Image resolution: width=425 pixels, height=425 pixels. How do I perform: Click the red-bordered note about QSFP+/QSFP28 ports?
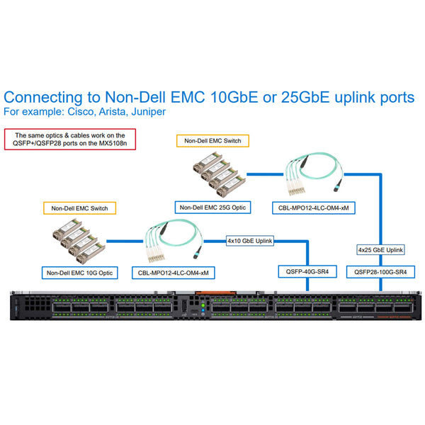click(70, 139)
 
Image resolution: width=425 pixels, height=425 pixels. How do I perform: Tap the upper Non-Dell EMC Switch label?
click(212, 141)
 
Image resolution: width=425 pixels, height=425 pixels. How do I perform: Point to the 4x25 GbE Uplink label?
click(381, 249)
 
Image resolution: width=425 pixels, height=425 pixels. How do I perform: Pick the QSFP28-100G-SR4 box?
click(380, 272)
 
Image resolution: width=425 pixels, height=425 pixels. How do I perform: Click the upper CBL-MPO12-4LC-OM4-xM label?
click(314, 208)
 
